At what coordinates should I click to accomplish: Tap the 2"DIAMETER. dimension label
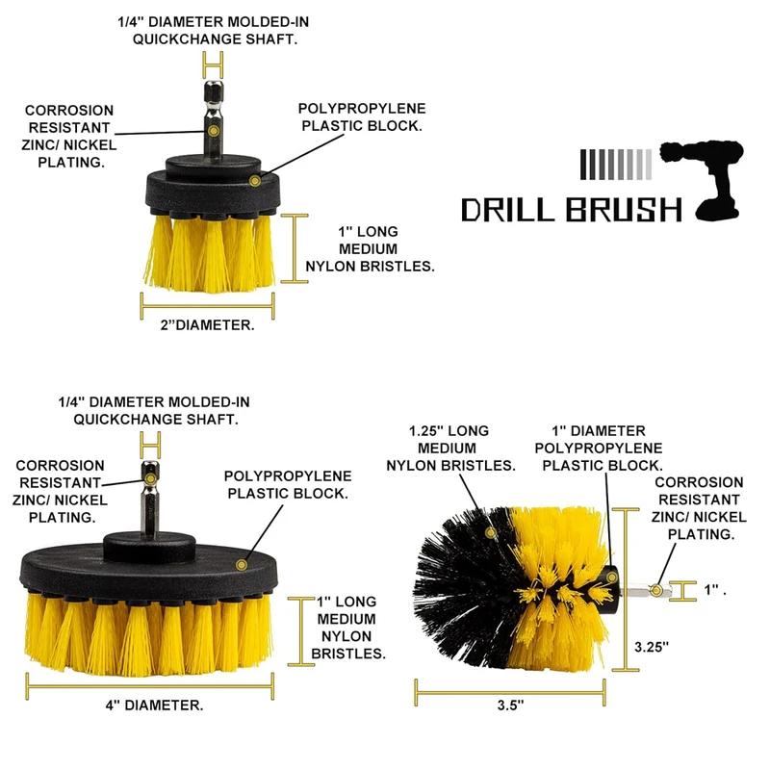(x=207, y=325)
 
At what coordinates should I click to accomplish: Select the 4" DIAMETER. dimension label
(x=154, y=706)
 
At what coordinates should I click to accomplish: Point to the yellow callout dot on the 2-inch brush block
(x=254, y=180)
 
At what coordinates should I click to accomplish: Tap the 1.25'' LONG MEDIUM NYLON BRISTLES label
(x=450, y=448)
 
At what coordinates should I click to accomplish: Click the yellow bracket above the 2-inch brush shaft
(x=212, y=65)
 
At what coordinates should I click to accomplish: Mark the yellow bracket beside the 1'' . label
(x=682, y=590)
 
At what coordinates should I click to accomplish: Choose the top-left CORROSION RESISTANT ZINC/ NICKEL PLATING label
(x=69, y=137)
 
